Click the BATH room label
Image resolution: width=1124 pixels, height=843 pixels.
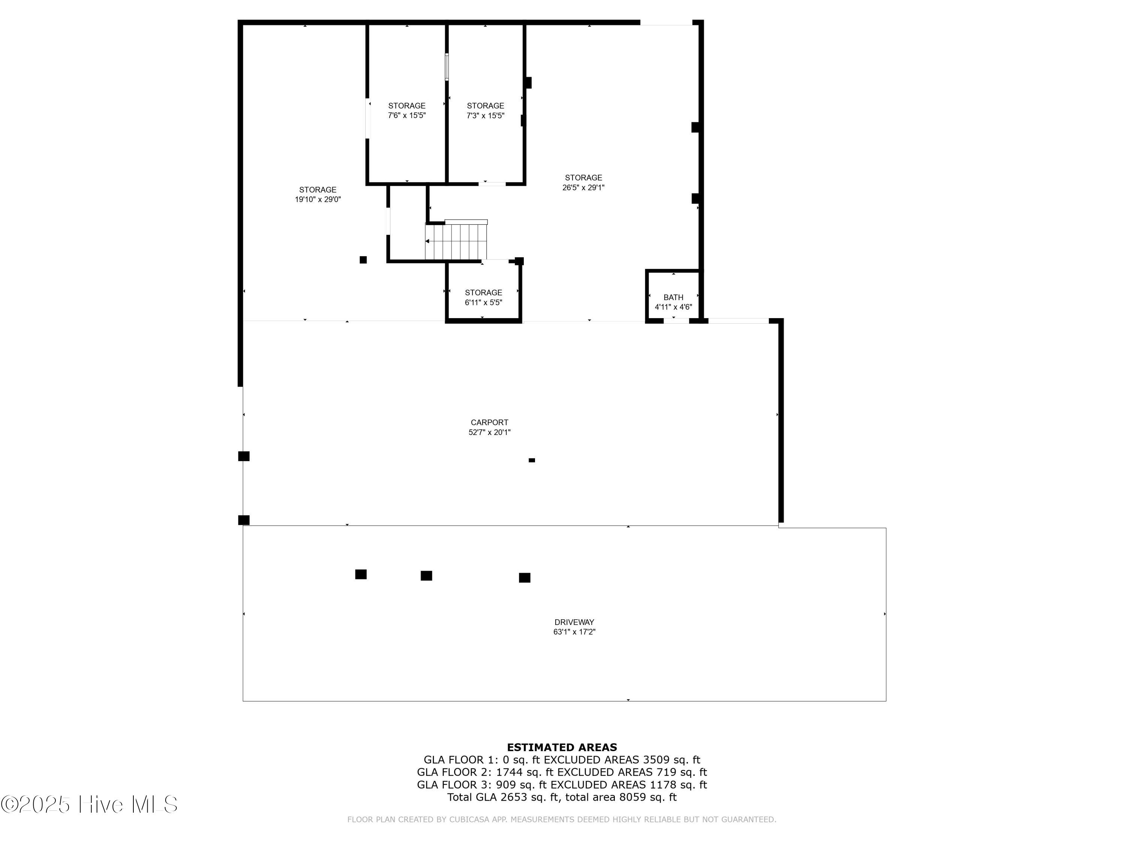coord(673,297)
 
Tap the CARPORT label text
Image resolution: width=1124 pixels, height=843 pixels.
coord(489,422)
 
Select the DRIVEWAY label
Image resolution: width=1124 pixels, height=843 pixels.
coord(574,622)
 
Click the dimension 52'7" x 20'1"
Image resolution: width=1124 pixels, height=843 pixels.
coord(489,432)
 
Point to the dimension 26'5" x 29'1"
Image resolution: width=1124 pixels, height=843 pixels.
coord(583,187)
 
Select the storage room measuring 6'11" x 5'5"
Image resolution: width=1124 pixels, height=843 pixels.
coord(483,297)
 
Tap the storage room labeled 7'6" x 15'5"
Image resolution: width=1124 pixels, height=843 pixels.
coord(407,110)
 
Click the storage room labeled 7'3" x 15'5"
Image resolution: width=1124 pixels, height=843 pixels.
coord(485,110)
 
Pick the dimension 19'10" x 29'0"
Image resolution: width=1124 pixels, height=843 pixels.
coord(318,200)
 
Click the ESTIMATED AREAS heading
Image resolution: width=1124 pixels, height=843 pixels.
coord(562,747)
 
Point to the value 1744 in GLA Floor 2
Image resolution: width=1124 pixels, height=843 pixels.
coord(510,772)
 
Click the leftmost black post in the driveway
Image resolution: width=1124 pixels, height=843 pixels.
coord(361,574)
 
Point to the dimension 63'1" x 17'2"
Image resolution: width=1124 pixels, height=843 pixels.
coord(574,632)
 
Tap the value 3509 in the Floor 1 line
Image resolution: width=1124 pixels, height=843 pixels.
coord(658,760)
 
